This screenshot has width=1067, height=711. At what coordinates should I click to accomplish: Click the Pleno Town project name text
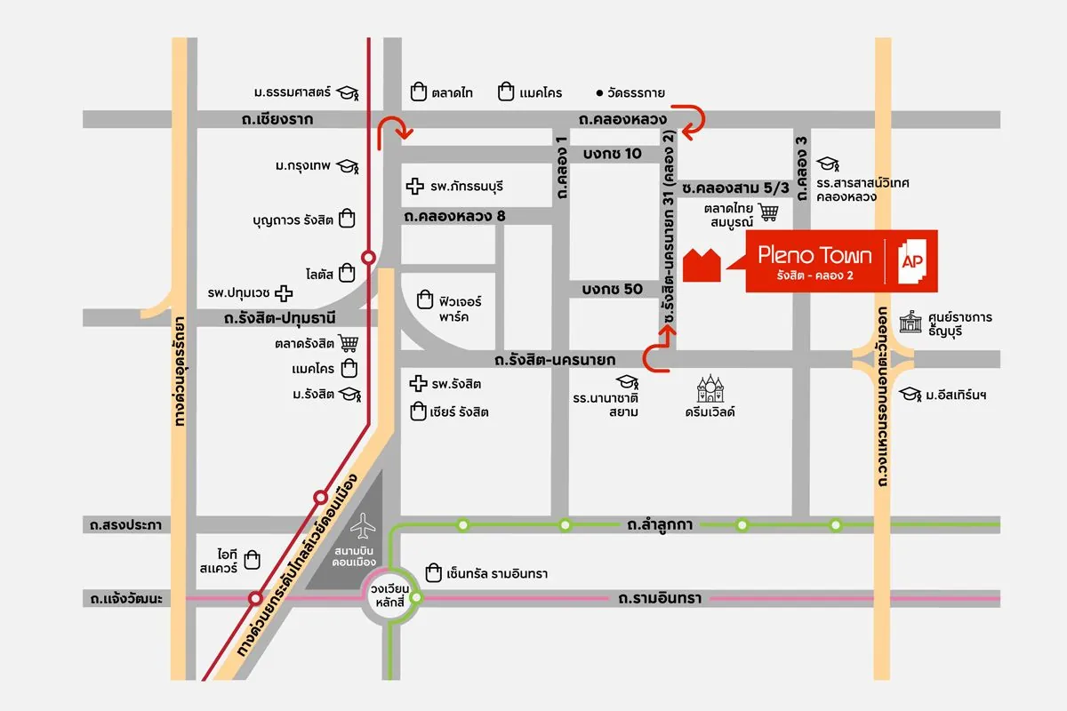[x=814, y=256]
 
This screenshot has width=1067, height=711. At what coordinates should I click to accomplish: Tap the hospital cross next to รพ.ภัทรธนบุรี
[x=413, y=187]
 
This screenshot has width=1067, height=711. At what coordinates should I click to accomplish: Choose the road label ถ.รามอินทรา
[x=659, y=598]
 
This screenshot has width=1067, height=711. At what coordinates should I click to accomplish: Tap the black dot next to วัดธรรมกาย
[x=600, y=92]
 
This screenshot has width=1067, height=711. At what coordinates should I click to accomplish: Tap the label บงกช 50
[x=612, y=289]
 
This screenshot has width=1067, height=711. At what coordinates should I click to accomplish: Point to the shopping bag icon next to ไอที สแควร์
[x=253, y=558]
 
